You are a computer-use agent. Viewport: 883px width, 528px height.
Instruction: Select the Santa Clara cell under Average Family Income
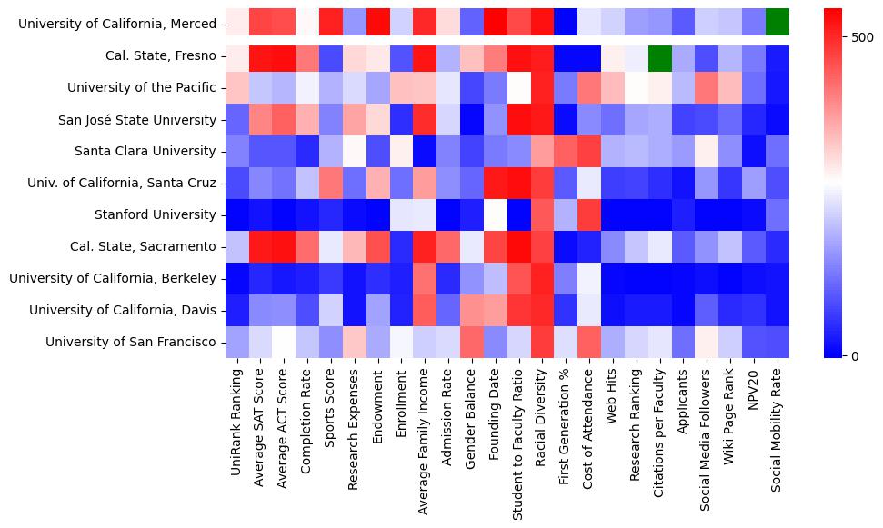(x=424, y=152)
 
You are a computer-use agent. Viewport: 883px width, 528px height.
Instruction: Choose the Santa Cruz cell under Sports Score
(x=329, y=184)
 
